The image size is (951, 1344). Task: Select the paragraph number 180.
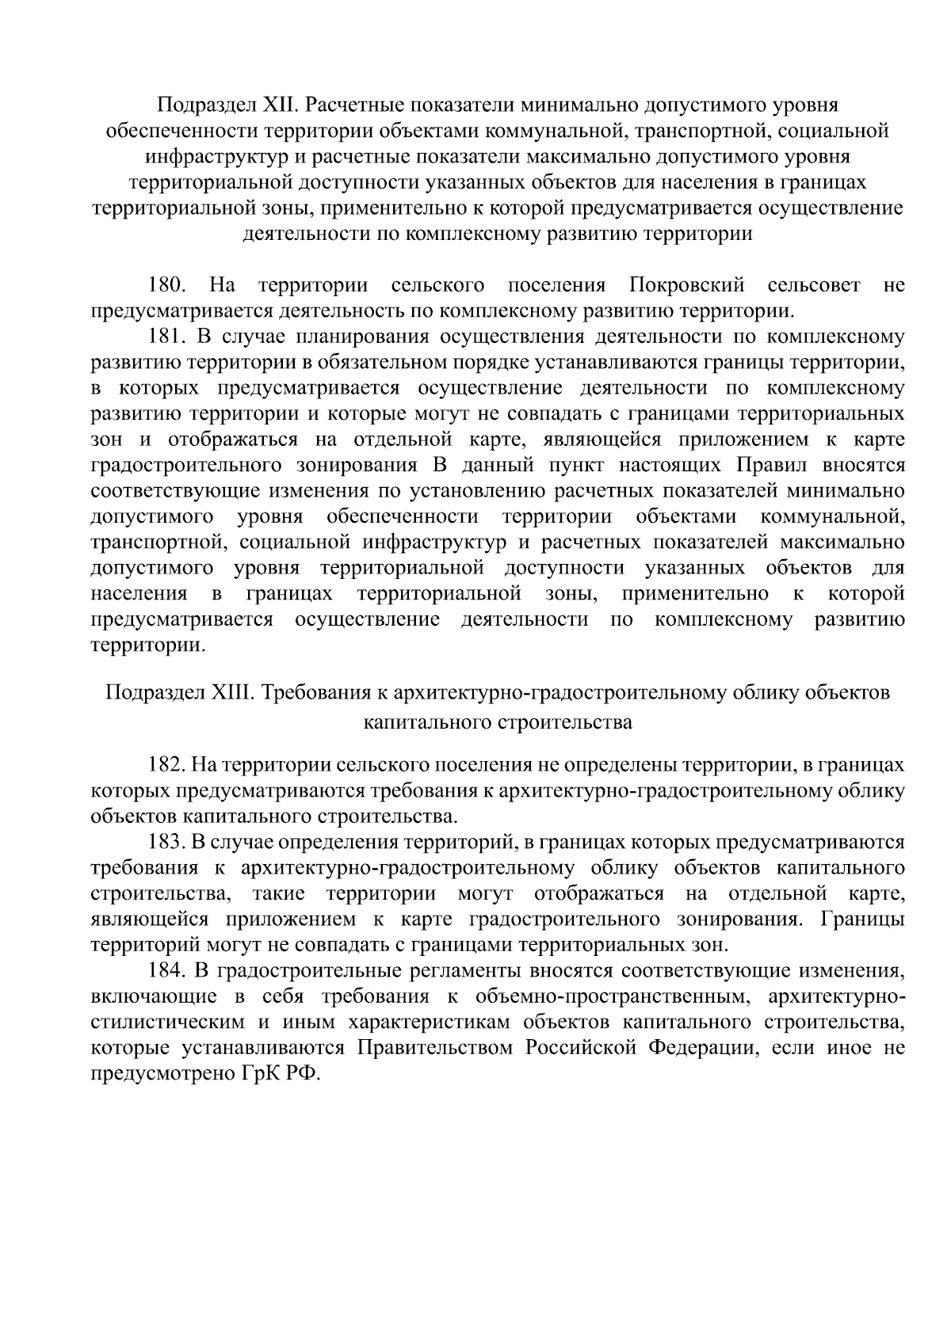167,285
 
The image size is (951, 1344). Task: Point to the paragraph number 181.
167,337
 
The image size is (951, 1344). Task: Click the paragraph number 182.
167,765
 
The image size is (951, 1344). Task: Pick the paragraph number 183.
167,842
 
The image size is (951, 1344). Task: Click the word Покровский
686,285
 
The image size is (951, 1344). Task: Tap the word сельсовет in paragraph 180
814,285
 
